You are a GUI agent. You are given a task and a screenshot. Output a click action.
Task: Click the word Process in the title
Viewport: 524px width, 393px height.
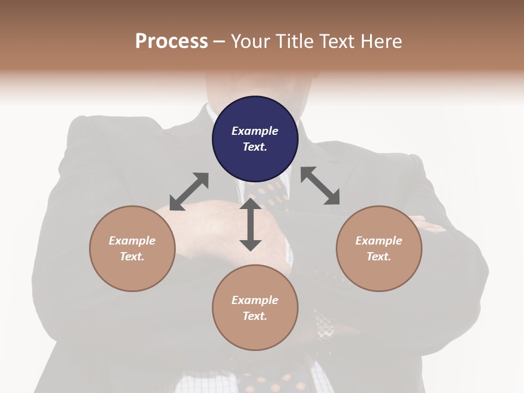pos(171,41)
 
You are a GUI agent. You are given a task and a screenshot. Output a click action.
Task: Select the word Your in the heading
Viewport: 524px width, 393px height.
pos(252,41)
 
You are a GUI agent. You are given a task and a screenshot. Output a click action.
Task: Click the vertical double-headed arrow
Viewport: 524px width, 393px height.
pos(251,224)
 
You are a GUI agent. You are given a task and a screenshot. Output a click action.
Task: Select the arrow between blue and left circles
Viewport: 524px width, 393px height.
pos(189,192)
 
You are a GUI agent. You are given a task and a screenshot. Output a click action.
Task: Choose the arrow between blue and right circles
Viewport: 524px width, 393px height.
pos(320,186)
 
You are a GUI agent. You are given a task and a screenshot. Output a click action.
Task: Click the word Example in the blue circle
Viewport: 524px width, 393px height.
pos(255,131)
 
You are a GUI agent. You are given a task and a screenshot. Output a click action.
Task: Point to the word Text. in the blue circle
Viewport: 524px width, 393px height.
pos(255,147)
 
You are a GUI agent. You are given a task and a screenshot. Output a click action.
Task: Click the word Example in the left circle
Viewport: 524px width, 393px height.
pos(132,241)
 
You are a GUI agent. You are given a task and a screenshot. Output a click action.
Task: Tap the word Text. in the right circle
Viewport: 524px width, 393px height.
pos(379,257)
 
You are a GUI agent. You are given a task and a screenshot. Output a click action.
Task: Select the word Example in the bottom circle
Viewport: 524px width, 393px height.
pos(255,300)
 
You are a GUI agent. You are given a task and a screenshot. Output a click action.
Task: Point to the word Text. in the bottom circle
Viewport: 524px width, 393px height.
pos(255,316)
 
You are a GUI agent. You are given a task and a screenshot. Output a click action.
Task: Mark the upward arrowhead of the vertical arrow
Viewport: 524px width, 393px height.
pos(251,204)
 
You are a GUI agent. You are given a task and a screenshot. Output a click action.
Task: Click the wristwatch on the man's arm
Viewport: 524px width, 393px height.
pos(325,327)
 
